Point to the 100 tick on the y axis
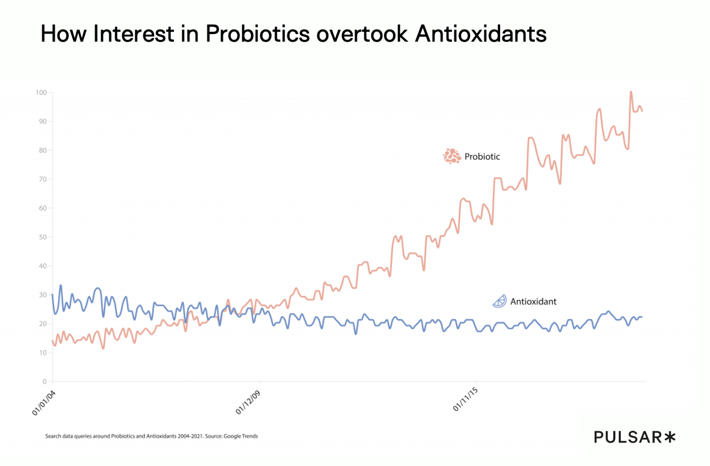pos(41,93)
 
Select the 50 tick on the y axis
pos(42,237)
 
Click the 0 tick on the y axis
pos(44,382)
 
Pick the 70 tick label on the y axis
pos(42,179)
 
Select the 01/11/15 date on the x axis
pos(465,400)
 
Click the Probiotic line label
pos(482,157)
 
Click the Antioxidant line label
pos(533,302)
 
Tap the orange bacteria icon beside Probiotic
pos(451,156)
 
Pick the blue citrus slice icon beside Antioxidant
pos(499,301)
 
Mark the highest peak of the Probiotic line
pos(631,92)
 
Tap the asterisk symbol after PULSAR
pos(670,437)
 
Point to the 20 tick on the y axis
pos(42,324)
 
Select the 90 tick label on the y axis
pos(42,121)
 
